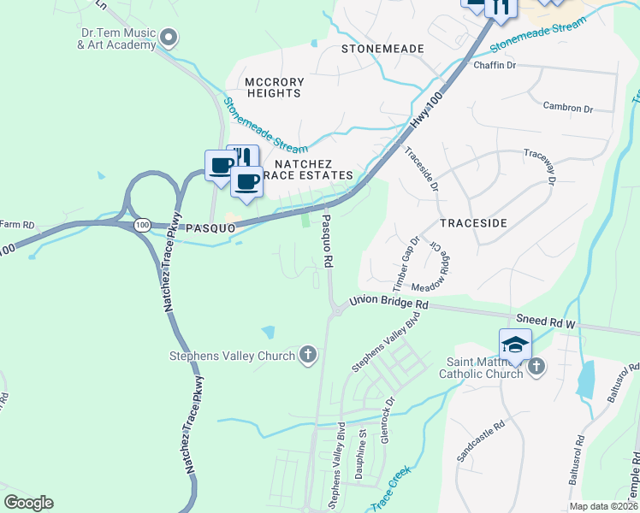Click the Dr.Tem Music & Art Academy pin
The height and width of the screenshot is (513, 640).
coord(169,36)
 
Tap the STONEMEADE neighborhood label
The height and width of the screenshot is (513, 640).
coord(382,49)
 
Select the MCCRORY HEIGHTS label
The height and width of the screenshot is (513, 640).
coord(275,88)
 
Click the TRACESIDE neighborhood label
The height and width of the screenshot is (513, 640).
coord(473,222)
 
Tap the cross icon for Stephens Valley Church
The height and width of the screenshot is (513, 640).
coord(308,355)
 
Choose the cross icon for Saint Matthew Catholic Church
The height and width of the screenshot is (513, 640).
coord(536,367)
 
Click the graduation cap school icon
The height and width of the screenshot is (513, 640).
coord(515,344)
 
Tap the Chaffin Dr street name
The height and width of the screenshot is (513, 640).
coord(495,65)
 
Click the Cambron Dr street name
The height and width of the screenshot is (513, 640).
coord(567,109)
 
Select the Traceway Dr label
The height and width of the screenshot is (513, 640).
coord(539,168)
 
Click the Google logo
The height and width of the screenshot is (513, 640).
coord(28,502)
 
